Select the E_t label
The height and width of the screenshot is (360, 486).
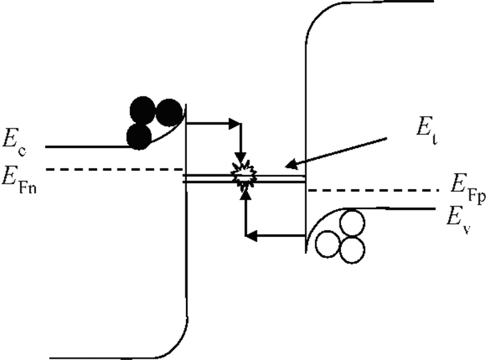point(426,128)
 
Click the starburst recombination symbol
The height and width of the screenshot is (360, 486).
point(244,175)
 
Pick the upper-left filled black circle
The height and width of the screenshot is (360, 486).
point(142,111)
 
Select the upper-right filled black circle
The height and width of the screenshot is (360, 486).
point(169,113)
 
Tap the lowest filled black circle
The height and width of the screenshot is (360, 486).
point(139,136)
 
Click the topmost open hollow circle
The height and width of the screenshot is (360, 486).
point(352,223)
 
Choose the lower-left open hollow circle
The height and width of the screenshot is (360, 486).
point(328,244)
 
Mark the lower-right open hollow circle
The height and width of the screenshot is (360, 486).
point(352,249)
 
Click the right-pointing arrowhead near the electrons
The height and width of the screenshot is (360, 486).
point(235,124)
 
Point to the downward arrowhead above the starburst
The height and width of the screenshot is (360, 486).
point(240,158)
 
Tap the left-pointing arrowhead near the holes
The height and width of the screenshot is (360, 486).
point(251,236)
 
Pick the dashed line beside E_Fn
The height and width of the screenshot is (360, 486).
point(114,170)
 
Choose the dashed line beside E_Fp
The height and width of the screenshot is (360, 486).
point(374,190)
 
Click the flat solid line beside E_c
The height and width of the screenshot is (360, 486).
point(87,147)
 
